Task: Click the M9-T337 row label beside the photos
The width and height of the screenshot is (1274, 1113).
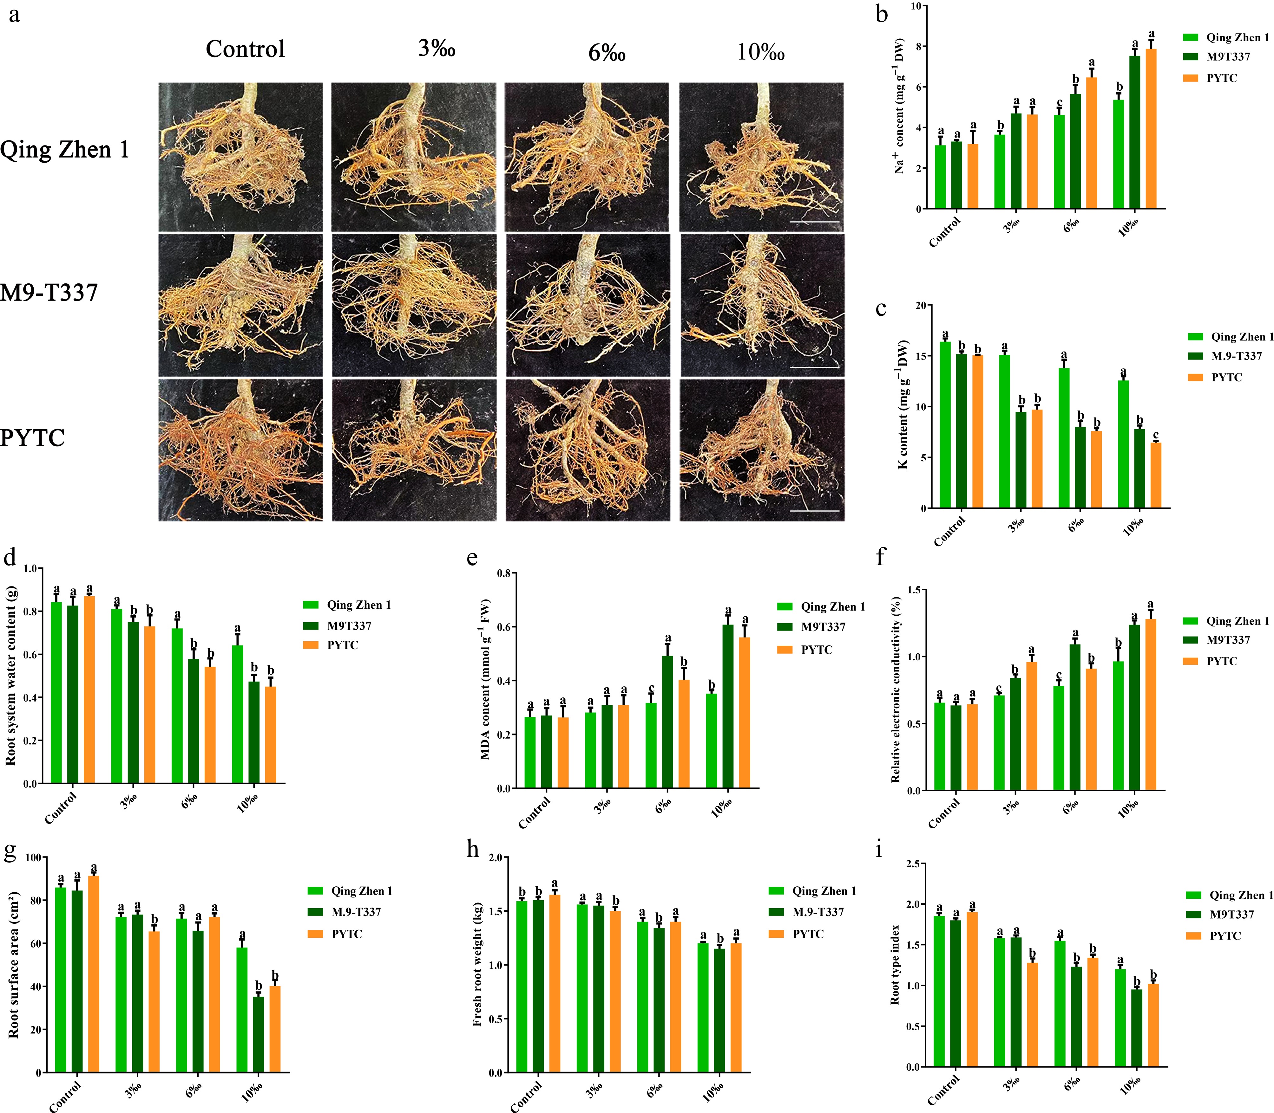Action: pyautogui.click(x=49, y=292)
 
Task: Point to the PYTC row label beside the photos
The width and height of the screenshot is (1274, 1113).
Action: pyautogui.click(x=32, y=438)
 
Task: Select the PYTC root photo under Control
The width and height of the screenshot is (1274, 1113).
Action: pyautogui.click(x=240, y=450)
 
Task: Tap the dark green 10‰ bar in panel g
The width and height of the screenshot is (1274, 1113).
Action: pyautogui.click(x=259, y=1034)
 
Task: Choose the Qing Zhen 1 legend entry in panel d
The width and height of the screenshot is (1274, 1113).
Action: pyautogui.click(x=358, y=605)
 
